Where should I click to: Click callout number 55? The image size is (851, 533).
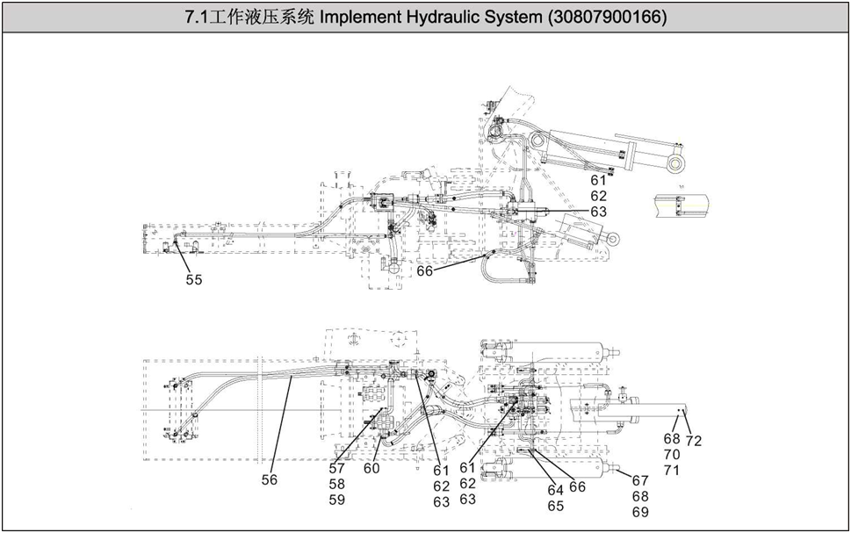click(x=193, y=279)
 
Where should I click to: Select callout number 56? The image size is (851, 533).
click(x=269, y=480)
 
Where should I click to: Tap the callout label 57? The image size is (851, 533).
click(x=337, y=468)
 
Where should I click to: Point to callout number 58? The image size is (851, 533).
click(x=337, y=484)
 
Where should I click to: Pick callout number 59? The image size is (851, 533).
click(x=337, y=500)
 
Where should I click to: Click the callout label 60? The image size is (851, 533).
click(x=371, y=468)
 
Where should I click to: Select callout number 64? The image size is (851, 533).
click(x=555, y=489)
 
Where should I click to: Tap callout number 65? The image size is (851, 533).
click(x=555, y=505)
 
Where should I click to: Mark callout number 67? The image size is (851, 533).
click(x=640, y=480)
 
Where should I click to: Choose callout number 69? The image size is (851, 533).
click(x=640, y=512)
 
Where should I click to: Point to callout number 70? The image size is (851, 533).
click(x=672, y=455)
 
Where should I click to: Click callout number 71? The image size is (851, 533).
click(x=672, y=471)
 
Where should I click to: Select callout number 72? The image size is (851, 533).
click(x=694, y=441)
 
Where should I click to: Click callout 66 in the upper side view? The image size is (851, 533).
click(x=425, y=271)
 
